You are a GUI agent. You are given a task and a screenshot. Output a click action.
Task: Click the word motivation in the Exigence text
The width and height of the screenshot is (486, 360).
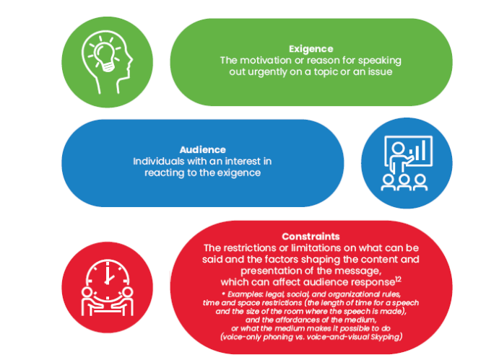(266, 61)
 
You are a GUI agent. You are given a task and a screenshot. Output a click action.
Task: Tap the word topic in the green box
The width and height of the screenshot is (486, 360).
(316, 72)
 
